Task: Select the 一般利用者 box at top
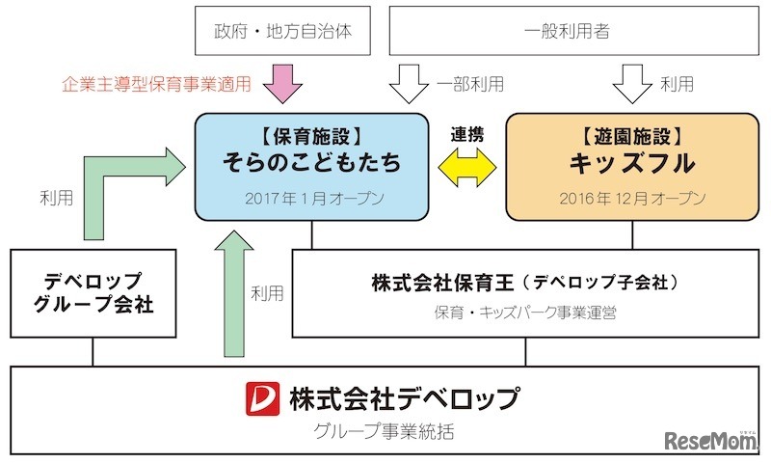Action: (566, 31)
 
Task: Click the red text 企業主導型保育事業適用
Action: (156, 85)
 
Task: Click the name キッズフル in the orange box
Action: (632, 162)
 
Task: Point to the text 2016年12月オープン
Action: (632, 199)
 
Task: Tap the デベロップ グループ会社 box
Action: (93, 294)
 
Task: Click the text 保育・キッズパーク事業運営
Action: (525, 313)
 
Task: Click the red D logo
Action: (261, 396)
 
